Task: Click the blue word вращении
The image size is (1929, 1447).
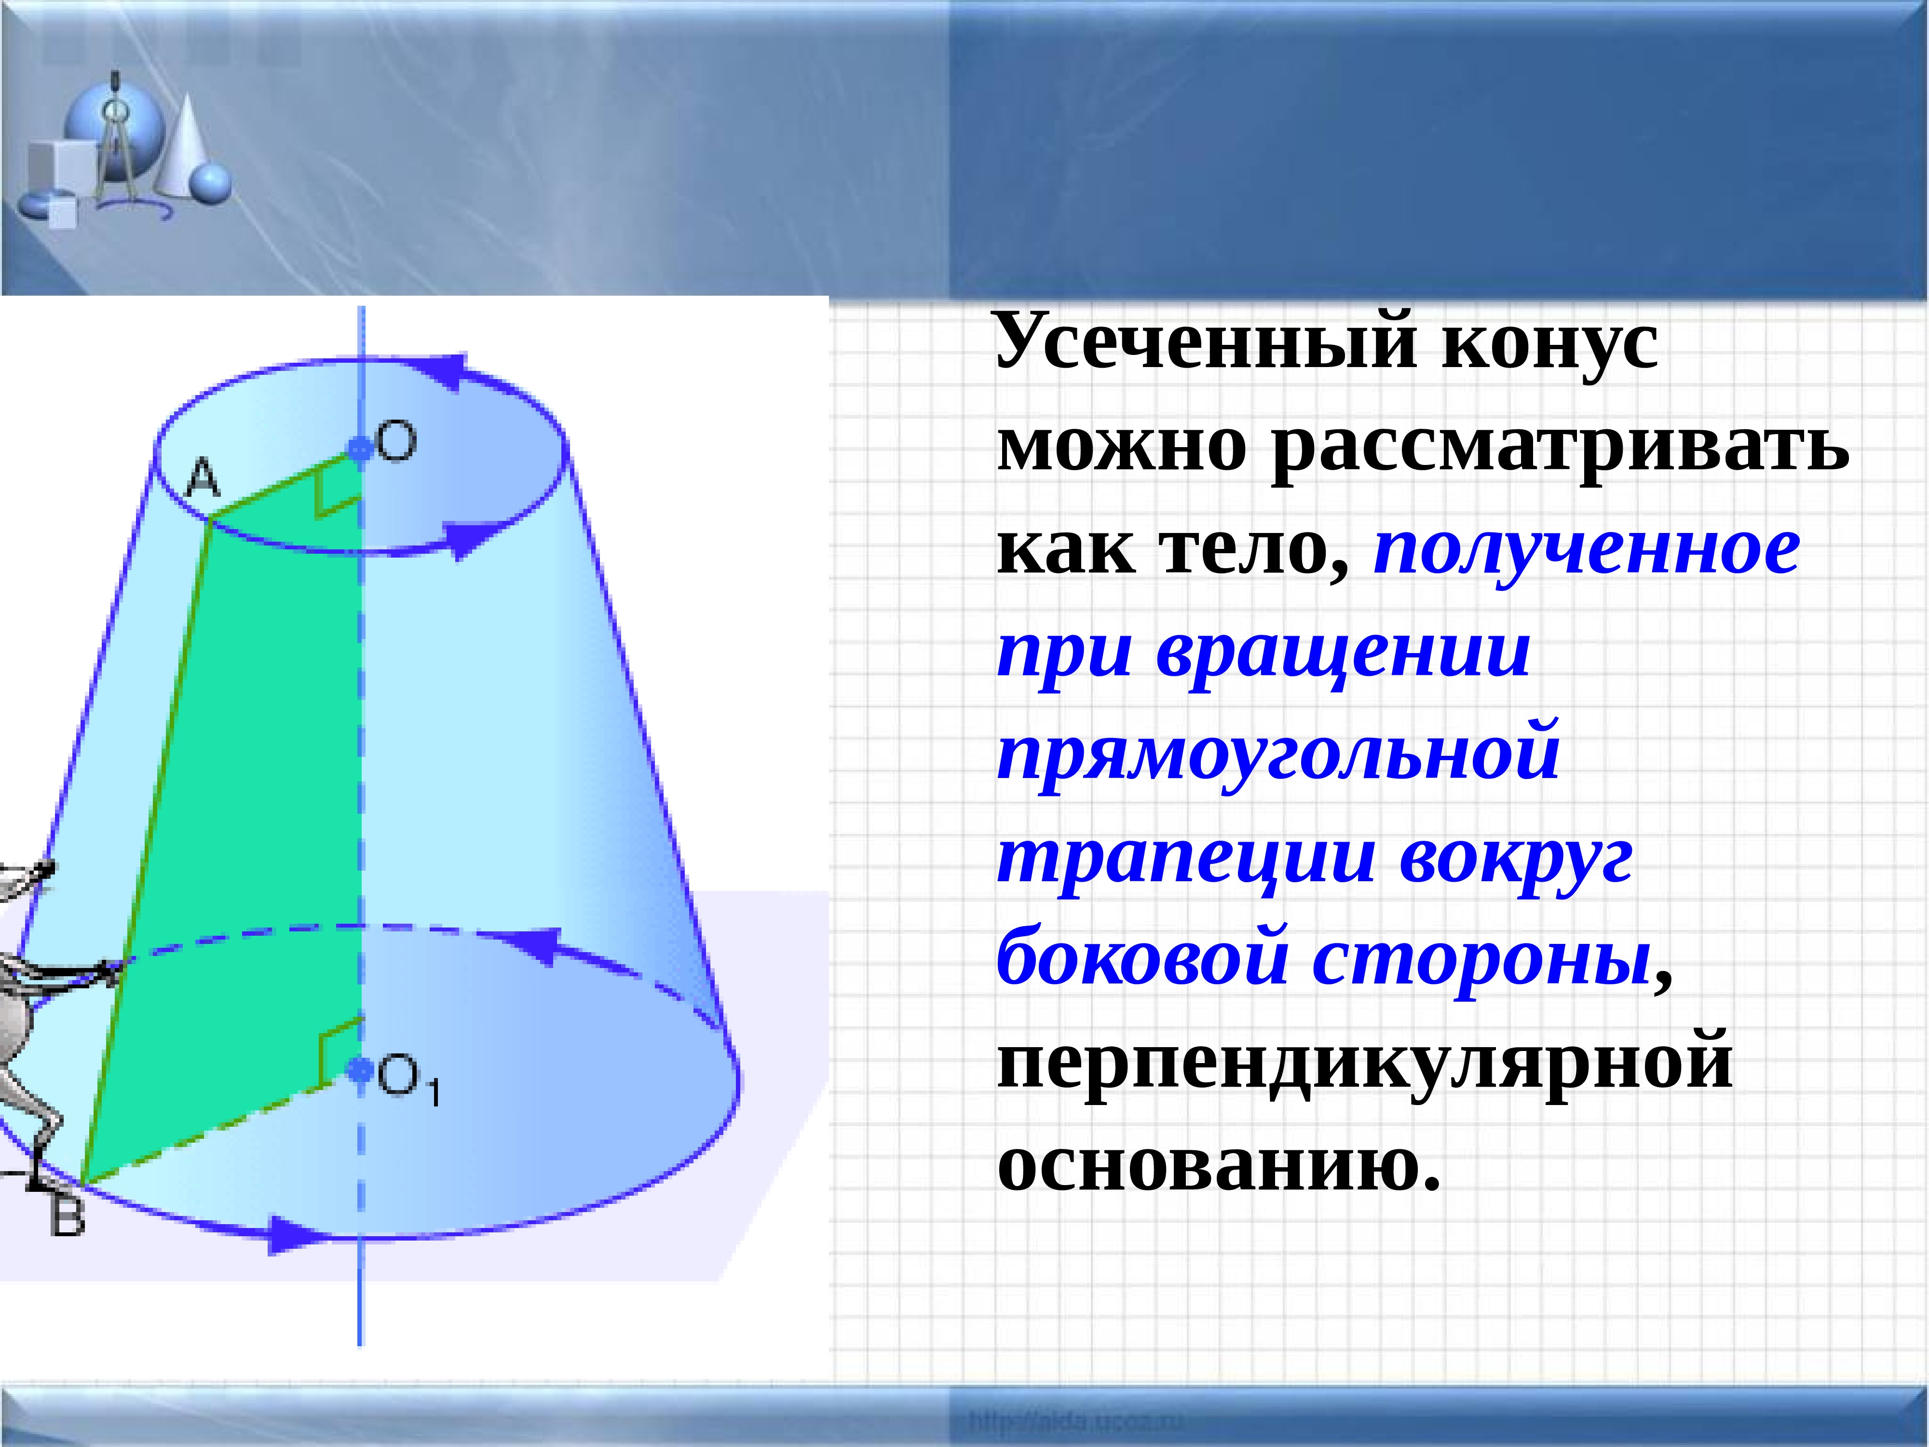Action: tap(1343, 653)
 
